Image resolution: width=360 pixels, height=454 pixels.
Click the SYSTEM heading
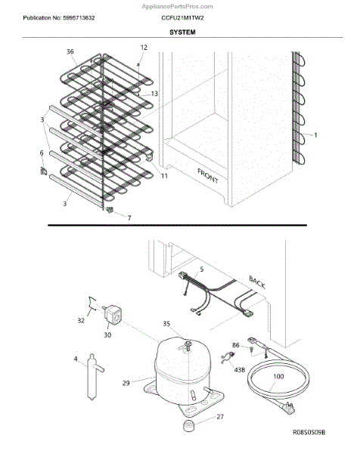click(182, 32)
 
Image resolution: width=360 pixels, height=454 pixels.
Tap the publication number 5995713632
click(79, 18)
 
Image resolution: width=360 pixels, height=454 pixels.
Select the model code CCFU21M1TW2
click(182, 18)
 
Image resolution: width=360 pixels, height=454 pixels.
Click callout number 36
click(70, 51)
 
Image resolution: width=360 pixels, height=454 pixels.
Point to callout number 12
click(144, 47)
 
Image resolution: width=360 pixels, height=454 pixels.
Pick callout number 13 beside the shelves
click(154, 94)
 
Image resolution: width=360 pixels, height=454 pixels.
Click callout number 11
click(164, 176)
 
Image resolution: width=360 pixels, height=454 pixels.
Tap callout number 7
click(129, 218)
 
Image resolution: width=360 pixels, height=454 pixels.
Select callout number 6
click(42, 153)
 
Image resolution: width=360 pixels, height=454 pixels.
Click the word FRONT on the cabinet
click(208, 176)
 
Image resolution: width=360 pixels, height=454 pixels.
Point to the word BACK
click(257, 282)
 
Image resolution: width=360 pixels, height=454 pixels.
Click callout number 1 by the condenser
click(315, 135)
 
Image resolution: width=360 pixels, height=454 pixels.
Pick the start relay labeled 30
click(113, 315)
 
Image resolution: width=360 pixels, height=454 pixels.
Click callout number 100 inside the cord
click(278, 376)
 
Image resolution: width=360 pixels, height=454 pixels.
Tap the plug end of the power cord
click(289, 409)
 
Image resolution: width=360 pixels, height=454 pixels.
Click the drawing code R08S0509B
click(309, 432)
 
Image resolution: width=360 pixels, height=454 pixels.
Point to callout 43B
click(240, 370)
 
